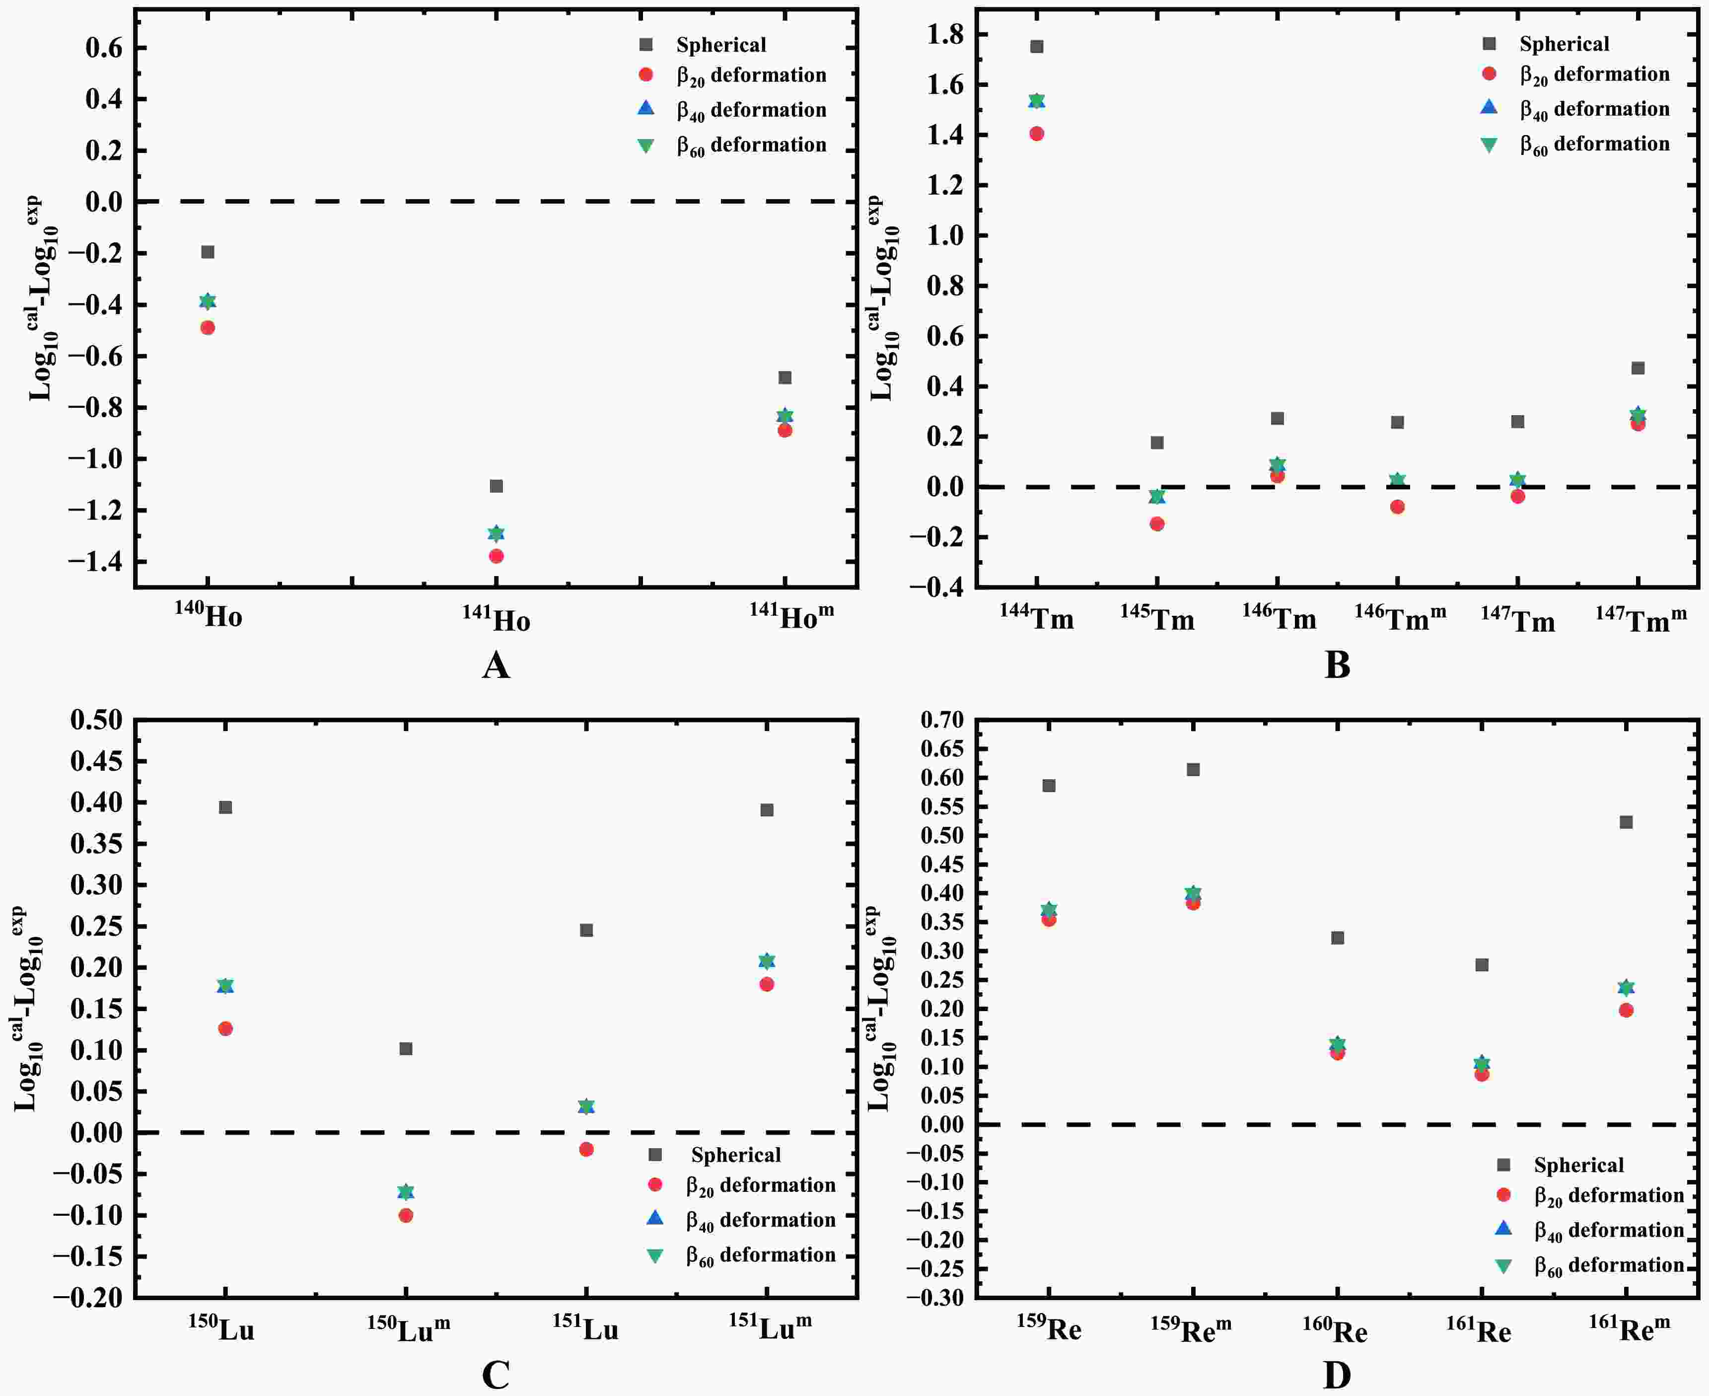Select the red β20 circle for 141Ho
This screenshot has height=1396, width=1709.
pos(496,556)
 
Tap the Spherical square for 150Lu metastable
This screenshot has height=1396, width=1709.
pos(406,1048)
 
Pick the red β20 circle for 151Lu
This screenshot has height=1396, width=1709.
pos(586,1149)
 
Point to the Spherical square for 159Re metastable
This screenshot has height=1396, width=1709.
pos(1193,770)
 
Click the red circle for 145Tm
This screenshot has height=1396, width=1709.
pos(1157,523)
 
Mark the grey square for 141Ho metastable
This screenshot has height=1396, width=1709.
pos(784,377)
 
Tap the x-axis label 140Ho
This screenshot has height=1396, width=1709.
pos(208,615)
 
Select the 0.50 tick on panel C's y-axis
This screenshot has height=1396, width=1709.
pos(96,720)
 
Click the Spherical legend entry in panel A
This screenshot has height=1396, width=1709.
pos(720,45)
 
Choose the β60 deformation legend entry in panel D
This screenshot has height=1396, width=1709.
pos(1609,1266)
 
